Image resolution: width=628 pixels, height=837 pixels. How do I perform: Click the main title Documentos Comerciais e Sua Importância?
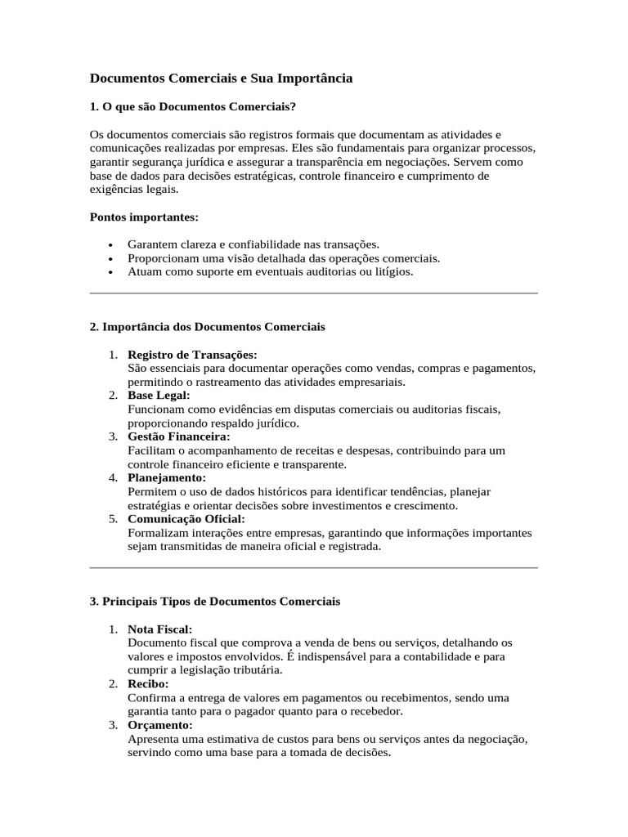point(221,78)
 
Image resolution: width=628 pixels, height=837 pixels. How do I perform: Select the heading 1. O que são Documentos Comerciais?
point(192,107)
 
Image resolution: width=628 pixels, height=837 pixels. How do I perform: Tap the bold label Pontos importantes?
point(143,217)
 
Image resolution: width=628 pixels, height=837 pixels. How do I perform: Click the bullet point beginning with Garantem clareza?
point(253,244)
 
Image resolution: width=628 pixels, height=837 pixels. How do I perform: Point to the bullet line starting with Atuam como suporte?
point(270,271)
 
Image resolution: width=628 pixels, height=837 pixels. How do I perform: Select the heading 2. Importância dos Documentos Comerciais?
point(207,327)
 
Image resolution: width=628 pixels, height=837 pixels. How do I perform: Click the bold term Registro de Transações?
point(192,355)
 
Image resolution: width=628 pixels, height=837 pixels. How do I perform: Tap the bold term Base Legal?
point(159,396)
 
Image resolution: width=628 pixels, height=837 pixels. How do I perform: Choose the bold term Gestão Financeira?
point(179,436)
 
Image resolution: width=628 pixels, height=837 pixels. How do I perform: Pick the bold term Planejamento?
point(167,477)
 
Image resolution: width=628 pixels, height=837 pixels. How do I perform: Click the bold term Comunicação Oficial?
point(186,519)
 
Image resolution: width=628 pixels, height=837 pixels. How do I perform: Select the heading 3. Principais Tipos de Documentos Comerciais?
point(214,602)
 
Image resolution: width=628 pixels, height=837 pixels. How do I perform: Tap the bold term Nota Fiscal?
point(160,629)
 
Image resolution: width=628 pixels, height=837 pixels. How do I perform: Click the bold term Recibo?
point(148,683)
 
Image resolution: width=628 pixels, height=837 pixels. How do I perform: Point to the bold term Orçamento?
point(160,725)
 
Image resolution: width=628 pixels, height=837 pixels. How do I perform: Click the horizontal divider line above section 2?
point(313,293)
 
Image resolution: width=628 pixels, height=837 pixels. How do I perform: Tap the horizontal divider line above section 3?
point(313,567)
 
